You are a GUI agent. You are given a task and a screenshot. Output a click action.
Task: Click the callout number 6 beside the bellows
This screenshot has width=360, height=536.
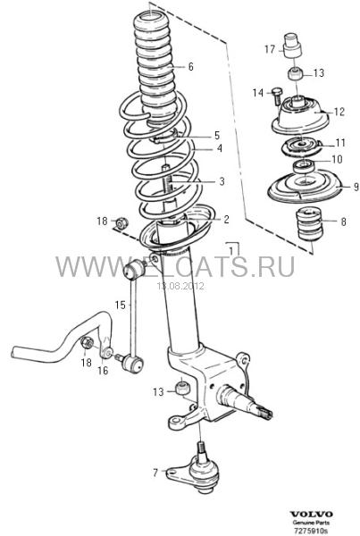(190, 66)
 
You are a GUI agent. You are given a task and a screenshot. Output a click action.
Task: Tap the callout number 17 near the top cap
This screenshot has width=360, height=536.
(270, 49)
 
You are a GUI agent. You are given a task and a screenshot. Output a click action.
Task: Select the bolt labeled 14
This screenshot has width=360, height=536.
(276, 96)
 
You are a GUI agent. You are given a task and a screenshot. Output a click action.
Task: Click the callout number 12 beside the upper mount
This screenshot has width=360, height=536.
(339, 112)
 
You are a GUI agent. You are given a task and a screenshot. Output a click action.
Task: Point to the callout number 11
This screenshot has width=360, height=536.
(340, 142)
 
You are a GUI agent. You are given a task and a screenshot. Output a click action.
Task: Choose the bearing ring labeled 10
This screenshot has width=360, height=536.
(304, 166)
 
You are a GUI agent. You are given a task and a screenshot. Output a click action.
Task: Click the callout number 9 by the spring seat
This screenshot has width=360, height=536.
(356, 187)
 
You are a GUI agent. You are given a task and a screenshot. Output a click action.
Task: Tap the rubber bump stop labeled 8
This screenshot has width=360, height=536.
(309, 224)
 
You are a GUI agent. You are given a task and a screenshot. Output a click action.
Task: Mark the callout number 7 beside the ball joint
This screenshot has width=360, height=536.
(155, 473)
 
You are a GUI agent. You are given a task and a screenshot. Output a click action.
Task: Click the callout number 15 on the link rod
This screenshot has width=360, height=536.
(120, 305)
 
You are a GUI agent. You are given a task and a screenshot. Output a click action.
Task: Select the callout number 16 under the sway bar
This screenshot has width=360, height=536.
(103, 370)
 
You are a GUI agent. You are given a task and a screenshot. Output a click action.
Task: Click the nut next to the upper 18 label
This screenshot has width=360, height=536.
(121, 222)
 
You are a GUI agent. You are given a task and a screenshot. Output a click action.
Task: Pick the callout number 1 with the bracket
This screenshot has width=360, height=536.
(231, 250)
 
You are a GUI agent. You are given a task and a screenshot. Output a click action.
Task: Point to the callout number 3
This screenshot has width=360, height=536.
(222, 181)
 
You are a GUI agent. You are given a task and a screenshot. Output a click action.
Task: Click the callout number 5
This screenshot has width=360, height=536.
(217, 136)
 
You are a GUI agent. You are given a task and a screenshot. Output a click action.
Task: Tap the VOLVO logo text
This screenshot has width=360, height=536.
(311, 515)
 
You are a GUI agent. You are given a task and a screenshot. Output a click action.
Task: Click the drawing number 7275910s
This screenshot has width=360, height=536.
(311, 531)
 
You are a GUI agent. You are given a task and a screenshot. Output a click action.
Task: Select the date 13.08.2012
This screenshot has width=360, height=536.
(180, 286)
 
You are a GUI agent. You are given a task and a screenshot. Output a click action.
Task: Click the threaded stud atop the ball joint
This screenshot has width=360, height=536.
(201, 449)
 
